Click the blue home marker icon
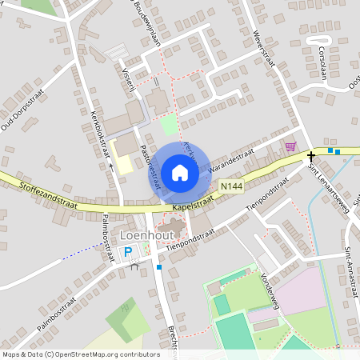(180, 172)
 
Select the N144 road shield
(230, 186)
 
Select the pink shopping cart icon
(290, 146)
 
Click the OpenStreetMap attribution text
(81, 354)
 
